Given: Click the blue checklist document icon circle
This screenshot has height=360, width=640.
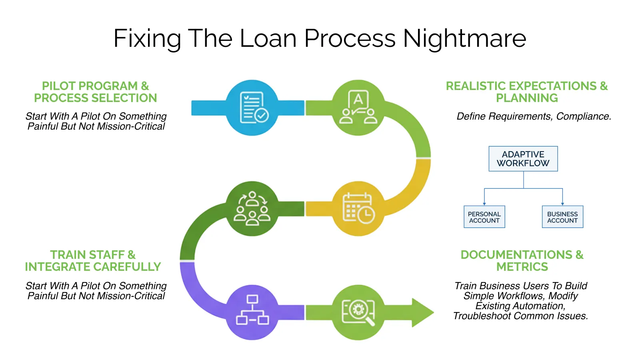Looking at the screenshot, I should [252, 108].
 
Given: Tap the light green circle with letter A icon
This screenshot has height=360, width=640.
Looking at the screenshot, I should [358, 108].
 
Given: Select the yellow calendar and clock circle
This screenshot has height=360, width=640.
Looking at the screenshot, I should [358, 208].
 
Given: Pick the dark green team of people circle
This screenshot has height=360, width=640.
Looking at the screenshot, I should [252, 208].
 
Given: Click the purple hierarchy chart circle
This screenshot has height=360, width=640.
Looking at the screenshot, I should [252, 312].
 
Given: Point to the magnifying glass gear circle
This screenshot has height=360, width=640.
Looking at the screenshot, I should [358, 312].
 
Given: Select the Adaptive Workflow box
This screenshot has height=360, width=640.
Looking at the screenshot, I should [523, 159].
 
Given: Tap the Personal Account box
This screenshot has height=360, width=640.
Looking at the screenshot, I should [484, 217].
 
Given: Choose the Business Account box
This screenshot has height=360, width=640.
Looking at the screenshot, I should [562, 217].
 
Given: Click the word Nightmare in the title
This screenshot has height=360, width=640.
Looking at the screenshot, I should [464, 38].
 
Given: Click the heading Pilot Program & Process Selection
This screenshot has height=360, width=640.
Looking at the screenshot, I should [95, 92].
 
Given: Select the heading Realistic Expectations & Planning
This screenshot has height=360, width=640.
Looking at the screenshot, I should [526, 92].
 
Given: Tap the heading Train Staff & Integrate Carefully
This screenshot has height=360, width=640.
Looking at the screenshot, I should [93, 261].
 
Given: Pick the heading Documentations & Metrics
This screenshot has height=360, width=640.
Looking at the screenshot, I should [522, 261].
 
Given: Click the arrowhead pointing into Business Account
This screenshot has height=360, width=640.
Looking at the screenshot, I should [562, 204].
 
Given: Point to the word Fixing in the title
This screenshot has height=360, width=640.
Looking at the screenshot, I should [147, 38].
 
